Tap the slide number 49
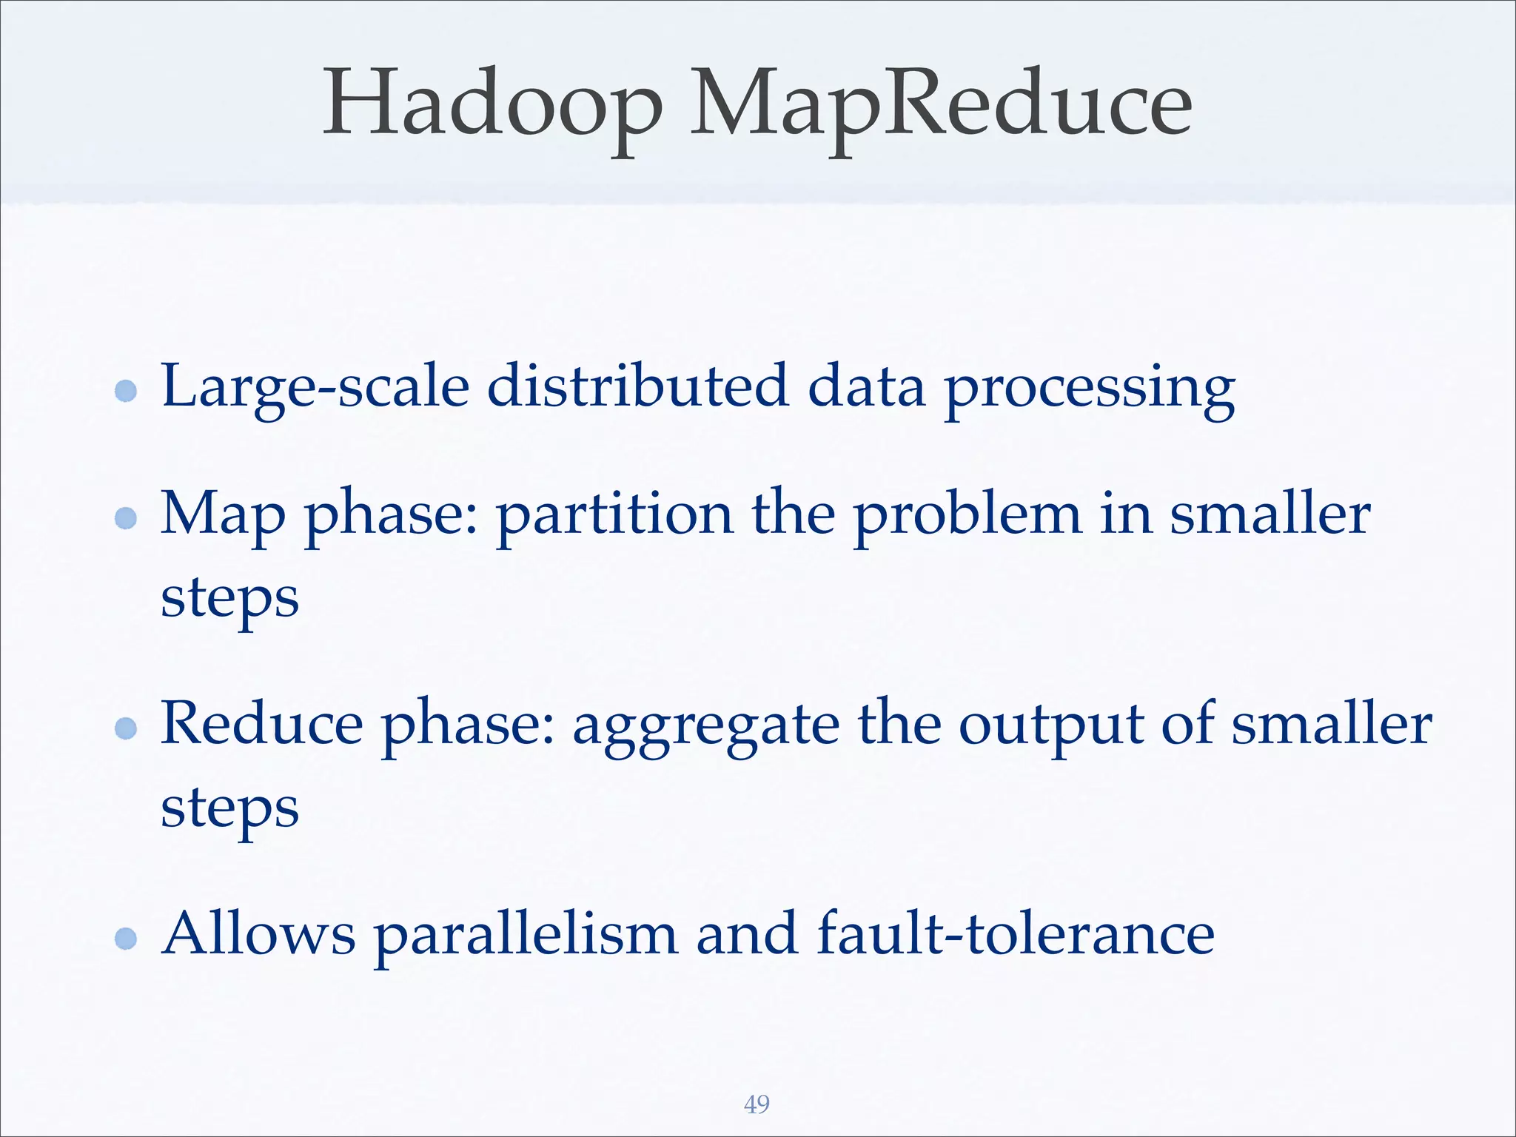pyautogui.click(x=757, y=1104)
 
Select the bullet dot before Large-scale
pyautogui.click(x=127, y=390)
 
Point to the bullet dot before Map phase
pyautogui.click(x=127, y=517)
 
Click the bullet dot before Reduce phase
pyautogui.click(x=127, y=728)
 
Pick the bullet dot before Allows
pyautogui.click(x=127, y=939)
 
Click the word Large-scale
pyautogui.click(x=315, y=387)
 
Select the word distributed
pyautogui.click(x=637, y=386)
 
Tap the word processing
pyautogui.click(x=1090, y=390)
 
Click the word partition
pyautogui.click(x=614, y=515)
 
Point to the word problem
pyautogui.click(x=967, y=515)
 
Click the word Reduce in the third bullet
pyautogui.click(x=262, y=723)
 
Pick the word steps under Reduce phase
pyautogui.click(x=229, y=810)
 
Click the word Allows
pyautogui.click(x=258, y=934)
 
